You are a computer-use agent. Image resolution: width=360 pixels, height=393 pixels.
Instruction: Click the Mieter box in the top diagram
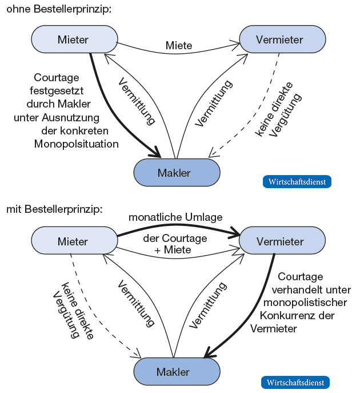coord(73,39)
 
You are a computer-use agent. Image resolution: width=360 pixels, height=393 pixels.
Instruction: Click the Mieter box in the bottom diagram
coord(73,241)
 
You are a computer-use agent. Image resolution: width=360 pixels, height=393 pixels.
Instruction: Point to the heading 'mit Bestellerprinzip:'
coord(54,209)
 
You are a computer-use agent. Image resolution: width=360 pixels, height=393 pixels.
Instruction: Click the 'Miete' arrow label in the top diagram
coord(179,45)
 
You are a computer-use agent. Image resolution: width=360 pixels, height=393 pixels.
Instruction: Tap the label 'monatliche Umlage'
coord(175,217)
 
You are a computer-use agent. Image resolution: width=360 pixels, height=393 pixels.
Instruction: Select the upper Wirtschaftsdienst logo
coord(297,182)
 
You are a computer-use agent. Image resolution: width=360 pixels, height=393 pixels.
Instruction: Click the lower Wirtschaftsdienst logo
coord(295,382)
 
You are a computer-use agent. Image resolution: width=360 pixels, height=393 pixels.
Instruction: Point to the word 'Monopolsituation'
coord(77,144)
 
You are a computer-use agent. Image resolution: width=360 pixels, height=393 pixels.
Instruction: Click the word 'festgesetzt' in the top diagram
coord(57,90)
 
